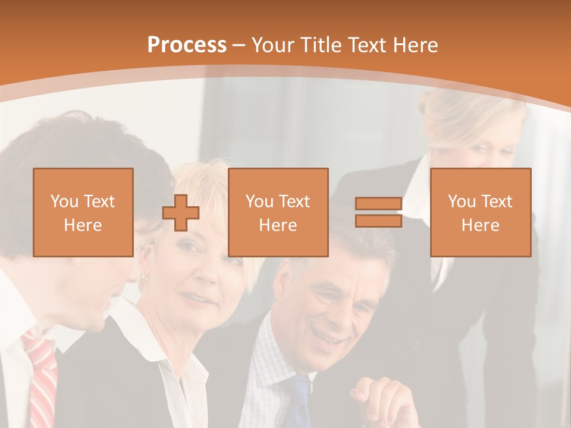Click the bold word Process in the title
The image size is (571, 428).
[x=187, y=45]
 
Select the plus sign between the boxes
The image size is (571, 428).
[x=181, y=213]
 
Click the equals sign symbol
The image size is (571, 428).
[x=378, y=213]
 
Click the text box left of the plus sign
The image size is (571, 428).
[x=83, y=213]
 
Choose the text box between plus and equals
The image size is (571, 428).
[x=278, y=213]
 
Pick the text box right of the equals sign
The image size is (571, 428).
[x=481, y=213]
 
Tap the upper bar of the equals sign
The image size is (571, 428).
[x=378, y=204]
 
